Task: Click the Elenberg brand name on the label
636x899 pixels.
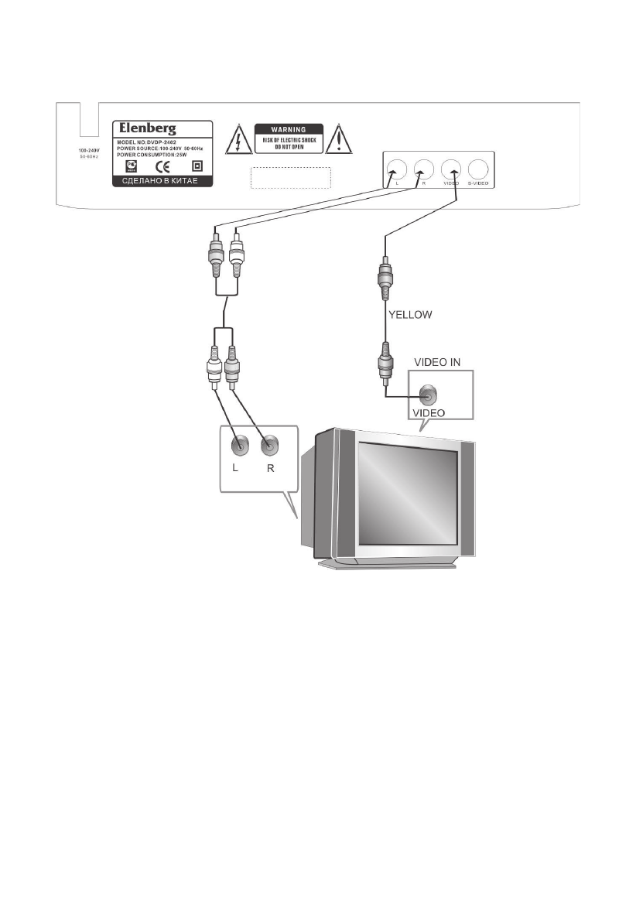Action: (x=145, y=128)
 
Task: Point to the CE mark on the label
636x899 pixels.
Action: (x=164, y=166)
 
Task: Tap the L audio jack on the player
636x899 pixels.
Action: (x=395, y=169)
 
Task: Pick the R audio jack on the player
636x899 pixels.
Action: (x=423, y=169)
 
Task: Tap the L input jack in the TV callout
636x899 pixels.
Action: (x=240, y=445)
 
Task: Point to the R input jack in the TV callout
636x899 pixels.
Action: (x=268, y=445)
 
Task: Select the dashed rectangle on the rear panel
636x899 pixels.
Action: (x=291, y=177)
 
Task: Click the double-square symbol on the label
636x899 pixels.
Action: (x=196, y=166)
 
